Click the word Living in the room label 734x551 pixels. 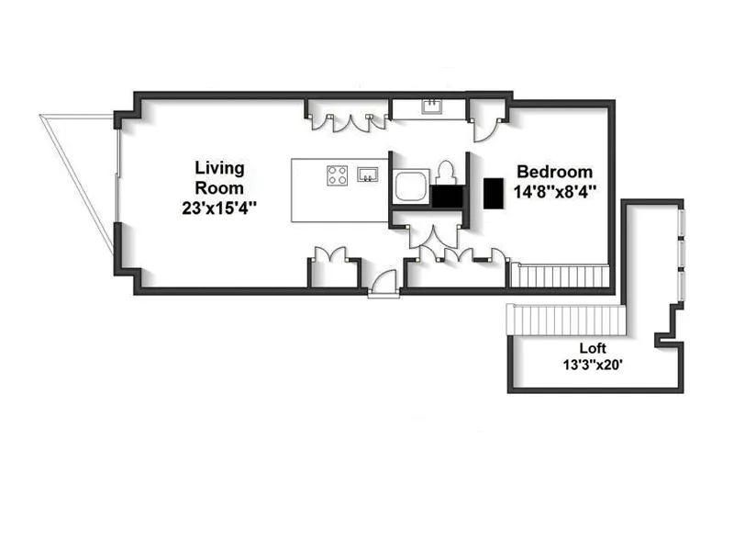[x=219, y=168]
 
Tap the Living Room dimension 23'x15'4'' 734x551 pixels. [x=219, y=208]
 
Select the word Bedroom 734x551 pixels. [x=554, y=172]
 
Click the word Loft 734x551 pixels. [x=594, y=348]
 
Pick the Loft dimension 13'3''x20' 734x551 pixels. [x=594, y=364]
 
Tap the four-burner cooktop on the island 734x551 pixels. [x=338, y=174]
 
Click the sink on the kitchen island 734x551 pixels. [x=369, y=173]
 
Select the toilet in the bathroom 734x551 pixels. [x=446, y=174]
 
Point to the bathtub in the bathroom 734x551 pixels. [x=409, y=186]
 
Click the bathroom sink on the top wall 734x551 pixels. [x=431, y=107]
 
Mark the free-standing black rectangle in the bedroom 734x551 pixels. [x=495, y=193]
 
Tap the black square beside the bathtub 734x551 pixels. [x=446, y=196]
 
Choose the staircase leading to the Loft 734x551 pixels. [x=564, y=321]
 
